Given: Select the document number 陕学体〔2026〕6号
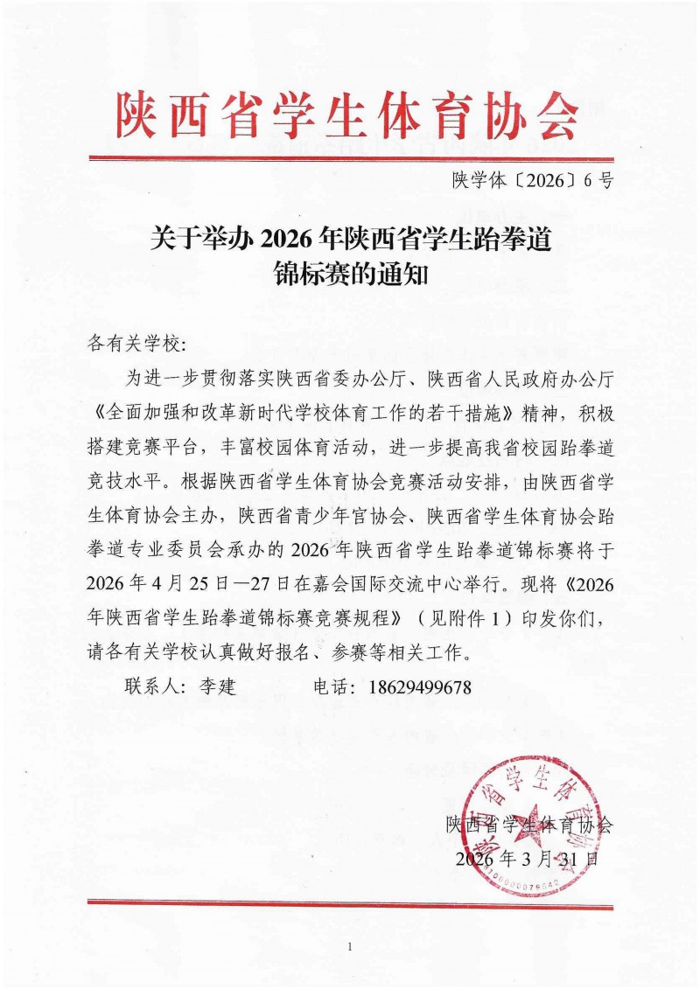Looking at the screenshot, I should click(x=533, y=182).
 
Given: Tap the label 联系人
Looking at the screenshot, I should click(x=155, y=687).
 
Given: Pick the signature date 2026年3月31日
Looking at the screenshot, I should click(x=528, y=859).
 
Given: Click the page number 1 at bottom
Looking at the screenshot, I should click(x=349, y=947).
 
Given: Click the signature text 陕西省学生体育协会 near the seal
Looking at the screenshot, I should click(x=529, y=824).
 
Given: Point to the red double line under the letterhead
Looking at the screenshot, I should click(x=350, y=159).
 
